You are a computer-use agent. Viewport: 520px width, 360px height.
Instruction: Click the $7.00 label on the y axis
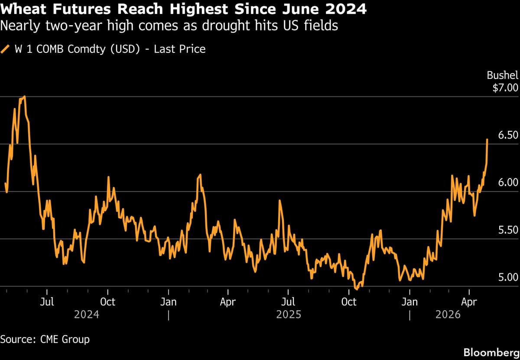point(505,88)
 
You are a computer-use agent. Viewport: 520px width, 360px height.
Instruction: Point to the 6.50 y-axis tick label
point(508,135)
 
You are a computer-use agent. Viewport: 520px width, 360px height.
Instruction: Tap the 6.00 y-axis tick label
point(508,182)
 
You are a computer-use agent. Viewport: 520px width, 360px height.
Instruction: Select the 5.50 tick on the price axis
point(508,230)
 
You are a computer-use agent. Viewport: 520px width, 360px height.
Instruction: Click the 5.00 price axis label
point(508,277)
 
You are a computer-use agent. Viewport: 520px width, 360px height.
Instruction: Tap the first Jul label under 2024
point(47,302)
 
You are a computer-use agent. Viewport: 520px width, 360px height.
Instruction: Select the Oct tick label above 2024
point(107,302)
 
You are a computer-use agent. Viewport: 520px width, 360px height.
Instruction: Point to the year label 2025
point(289,314)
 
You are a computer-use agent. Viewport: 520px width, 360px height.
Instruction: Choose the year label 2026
point(448,314)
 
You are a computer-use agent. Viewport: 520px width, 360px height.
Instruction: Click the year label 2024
point(87,314)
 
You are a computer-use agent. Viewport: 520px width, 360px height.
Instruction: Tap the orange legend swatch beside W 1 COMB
point(6,49)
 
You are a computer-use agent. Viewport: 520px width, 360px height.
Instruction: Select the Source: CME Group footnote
point(45,339)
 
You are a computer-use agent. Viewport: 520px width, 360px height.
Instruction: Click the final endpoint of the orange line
point(487,139)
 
